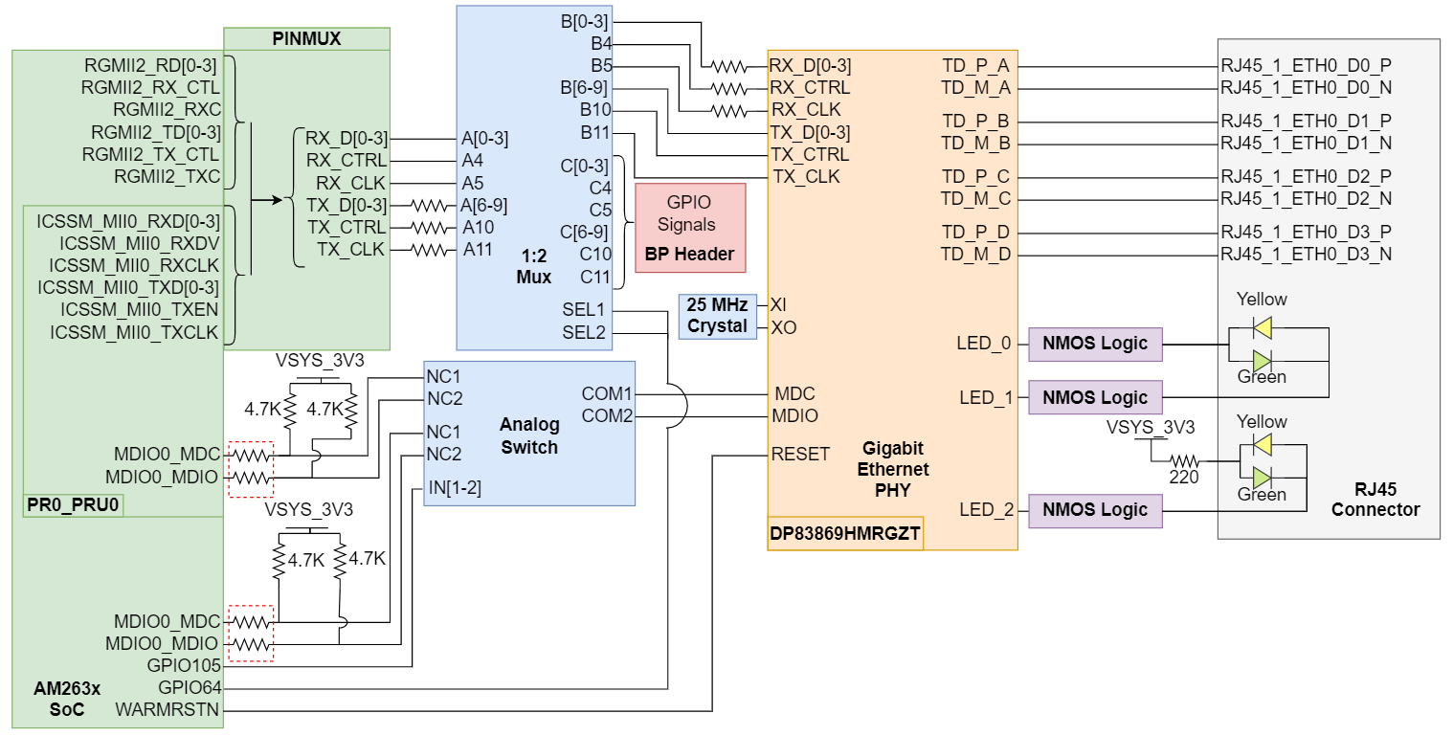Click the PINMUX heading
306,39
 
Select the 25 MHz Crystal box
717,317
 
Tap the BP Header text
689,255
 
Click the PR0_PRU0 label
73,504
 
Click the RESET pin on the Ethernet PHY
800,455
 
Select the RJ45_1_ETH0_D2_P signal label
1306,177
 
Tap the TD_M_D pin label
976,255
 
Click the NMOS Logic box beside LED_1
1095,397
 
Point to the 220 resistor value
1184,477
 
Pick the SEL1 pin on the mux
584,310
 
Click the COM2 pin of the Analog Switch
608,416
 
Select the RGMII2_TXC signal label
167,176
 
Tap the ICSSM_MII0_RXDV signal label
139,242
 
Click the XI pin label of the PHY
777,304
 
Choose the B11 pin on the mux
595,132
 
